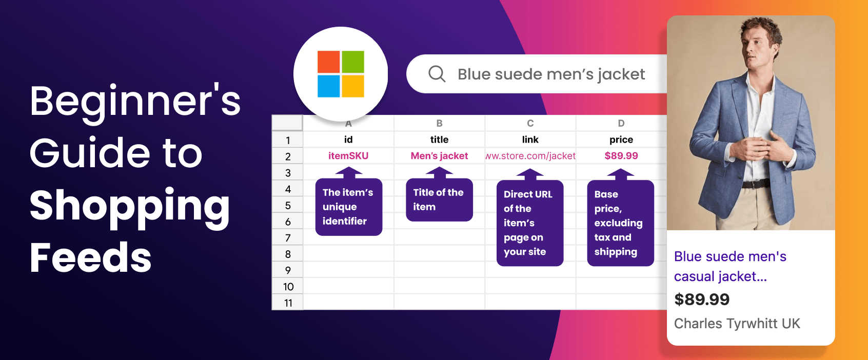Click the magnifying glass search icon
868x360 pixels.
pyautogui.click(x=437, y=74)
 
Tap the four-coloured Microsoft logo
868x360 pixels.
pyautogui.click(x=341, y=74)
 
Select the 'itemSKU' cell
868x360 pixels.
pyautogui.click(x=348, y=156)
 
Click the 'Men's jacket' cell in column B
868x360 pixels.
pyautogui.click(x=439, y=156)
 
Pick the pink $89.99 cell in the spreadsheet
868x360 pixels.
pyautogui.click(x=621, y=156)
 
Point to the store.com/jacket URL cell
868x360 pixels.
pyautogui.click(x=530, y=156)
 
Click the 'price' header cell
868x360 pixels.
pyautogui.click(x=621, y=140)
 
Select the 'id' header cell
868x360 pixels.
pyautogui.click(x=348, y=139)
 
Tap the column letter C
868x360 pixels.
pyautogui.click(x=530, y=123)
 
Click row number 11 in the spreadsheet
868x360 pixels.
pyautogui.click(x=288, y=303)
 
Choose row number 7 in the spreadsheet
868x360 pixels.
pyautogui.click(x=288, y=237)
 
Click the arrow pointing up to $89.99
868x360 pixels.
pyautogui.click(x=620, y=174)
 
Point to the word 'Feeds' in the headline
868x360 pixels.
pyautogui.click(x=90, y=257)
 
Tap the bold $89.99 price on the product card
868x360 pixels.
pyautogui.click(x=702, y=299)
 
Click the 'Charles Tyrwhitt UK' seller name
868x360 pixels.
pyautogui.click(x=737, y=323)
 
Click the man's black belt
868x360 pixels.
pyautogui.click(x=756, y=183)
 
